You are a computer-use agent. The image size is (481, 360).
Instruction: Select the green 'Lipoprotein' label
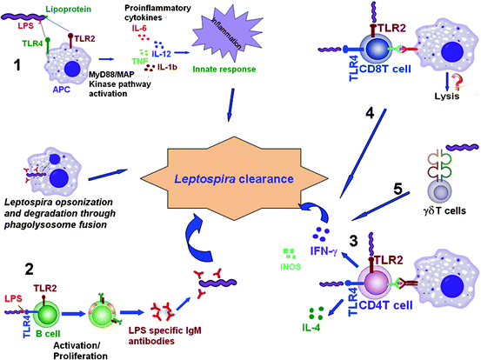88,8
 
